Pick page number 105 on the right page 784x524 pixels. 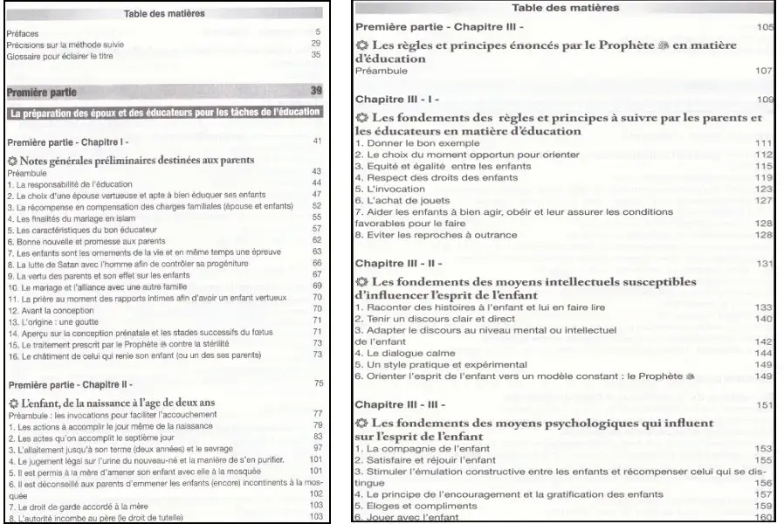766,27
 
